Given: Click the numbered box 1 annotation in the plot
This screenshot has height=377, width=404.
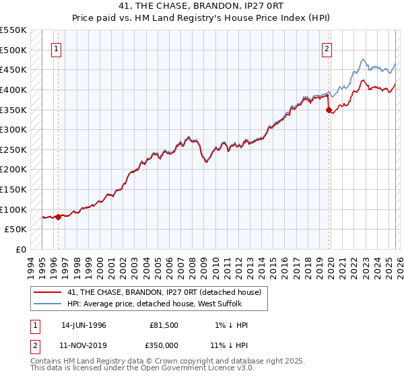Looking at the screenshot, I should pos(56,48).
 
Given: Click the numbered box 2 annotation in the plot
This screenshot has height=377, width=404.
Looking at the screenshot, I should pos(327,48).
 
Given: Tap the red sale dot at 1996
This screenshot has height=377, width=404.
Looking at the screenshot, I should pos(59,217).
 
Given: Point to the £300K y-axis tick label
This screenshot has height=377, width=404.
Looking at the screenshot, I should pos(13,129).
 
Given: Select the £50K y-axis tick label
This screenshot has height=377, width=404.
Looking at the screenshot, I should pos(16,230).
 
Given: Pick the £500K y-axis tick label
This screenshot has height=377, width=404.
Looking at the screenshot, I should pos(13,50).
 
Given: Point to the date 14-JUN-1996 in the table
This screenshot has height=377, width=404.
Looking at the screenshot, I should pos(83,325).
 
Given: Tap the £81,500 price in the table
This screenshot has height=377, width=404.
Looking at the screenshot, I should pos(164,325).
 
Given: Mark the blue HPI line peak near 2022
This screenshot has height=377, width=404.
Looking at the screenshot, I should pos(363,59).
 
